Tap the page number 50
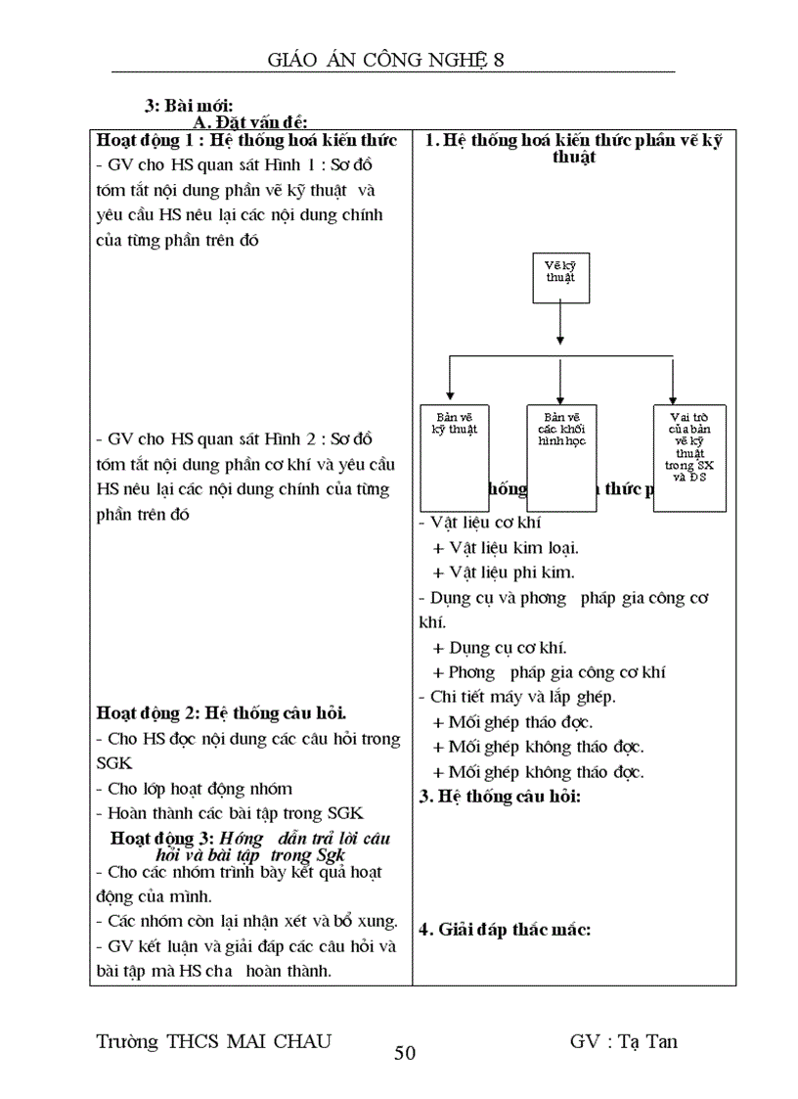click(405, 1053)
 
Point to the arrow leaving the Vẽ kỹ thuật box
click(559, 322)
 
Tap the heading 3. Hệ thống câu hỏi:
click(500, 796)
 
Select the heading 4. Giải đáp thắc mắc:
click(505, 929)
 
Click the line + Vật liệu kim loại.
click(512, 548)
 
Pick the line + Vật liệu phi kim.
click(504, 572)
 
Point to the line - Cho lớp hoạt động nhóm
click(194, 788)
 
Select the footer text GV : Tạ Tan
click(623, 1040)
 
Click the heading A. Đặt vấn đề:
click(250, 122)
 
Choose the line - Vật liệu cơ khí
click(479, 524)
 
